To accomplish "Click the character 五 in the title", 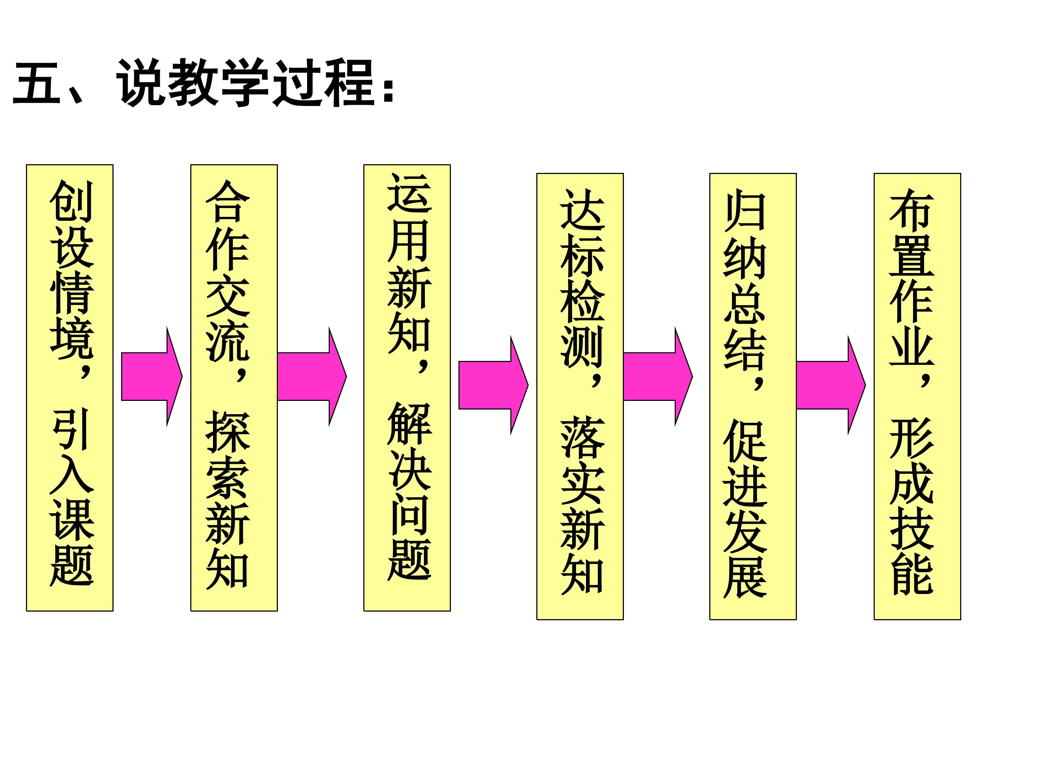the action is pos(37,84).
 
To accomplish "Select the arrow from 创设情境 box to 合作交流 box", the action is pos(152,376).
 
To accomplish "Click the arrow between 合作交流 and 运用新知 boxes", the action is pos(312,376).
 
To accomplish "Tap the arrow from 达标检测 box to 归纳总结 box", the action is pos(658,376).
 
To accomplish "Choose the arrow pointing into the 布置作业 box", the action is pos(831,385).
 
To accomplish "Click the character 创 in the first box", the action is pos(72,202).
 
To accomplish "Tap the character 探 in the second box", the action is pos(227,430).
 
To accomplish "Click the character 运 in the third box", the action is pos(409,193).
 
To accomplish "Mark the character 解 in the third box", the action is pos(409,423).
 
